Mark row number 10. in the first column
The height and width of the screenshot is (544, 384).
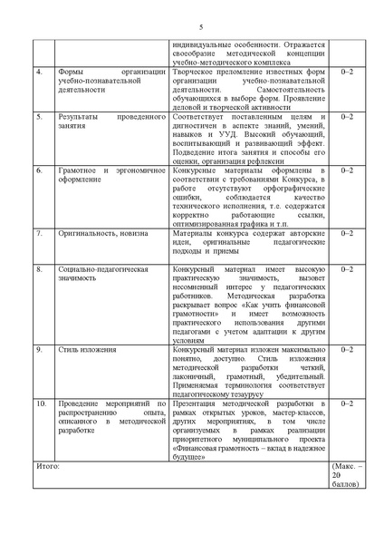coord(41,401)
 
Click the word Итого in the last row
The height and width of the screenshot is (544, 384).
coord(47,463)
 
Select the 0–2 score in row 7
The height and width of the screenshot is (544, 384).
coord(348,233)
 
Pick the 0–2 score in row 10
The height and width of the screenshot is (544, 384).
coord(348,401)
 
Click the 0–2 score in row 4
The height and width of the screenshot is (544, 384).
coord(348,71)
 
